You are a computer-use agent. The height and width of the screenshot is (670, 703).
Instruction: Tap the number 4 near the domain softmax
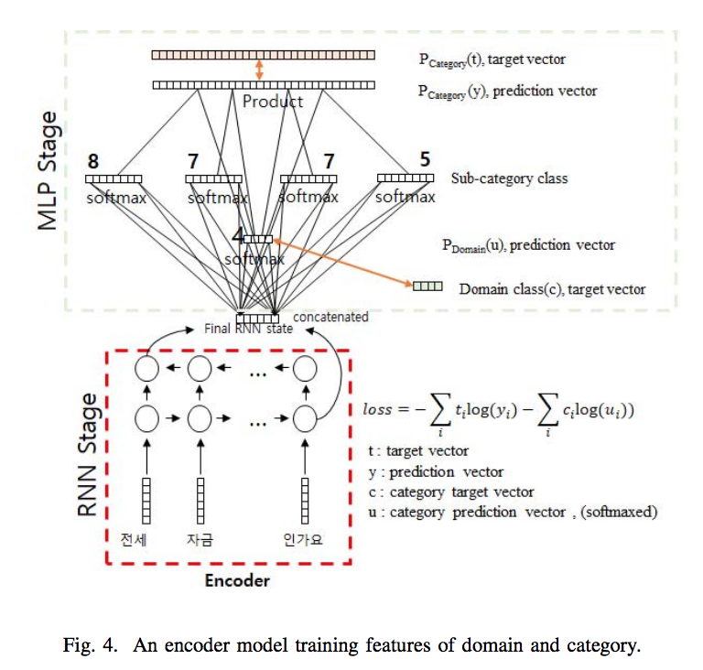(x=238, y=234)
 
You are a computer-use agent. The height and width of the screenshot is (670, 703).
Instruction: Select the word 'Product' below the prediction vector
(x=272, y=102)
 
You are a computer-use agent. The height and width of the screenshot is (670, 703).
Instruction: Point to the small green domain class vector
(x=427, y=286)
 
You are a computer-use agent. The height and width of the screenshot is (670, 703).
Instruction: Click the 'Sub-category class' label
(x=509, y=178)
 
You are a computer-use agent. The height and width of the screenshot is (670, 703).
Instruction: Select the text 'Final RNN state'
(x=249, y=329)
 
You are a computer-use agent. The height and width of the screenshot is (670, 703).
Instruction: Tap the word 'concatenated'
(x=331, y=317)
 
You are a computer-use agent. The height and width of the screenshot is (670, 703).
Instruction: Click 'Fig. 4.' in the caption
(x=89, y=645)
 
